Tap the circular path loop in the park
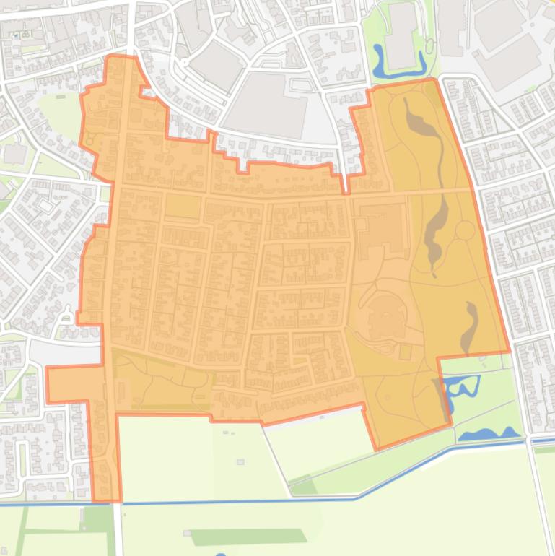tap(466, 230)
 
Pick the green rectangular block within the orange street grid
tap(183, 207)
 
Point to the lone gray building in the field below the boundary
tap(240, 462)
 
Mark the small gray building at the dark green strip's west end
tap(187, 534)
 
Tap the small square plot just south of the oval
tap(405, 352)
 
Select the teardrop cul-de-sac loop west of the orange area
tap(66, 316)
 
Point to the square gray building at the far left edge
tap(14, 154)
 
